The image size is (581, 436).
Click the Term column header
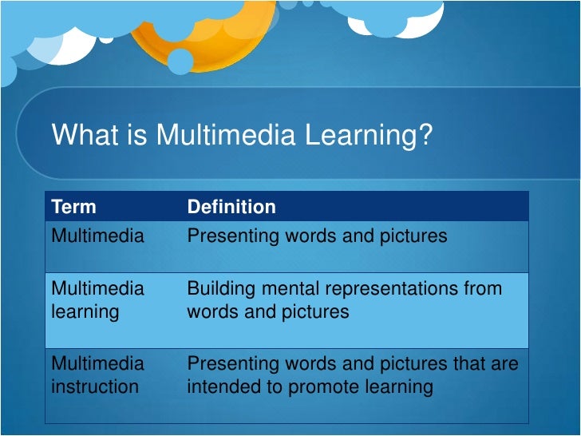(x=73, y=207)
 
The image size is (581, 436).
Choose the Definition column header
(x=231, y=207)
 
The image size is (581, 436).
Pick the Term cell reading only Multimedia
(x=97, y=236)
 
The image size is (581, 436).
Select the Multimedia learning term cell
(x=97, y=299)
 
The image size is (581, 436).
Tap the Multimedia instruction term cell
(x=97, y=375)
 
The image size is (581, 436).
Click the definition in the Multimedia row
(x=317, y=236)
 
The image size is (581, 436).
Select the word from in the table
(x=483, y=287)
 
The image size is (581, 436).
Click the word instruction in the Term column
(x=94, y=387)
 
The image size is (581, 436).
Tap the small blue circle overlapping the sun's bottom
(x=180, y=61)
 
